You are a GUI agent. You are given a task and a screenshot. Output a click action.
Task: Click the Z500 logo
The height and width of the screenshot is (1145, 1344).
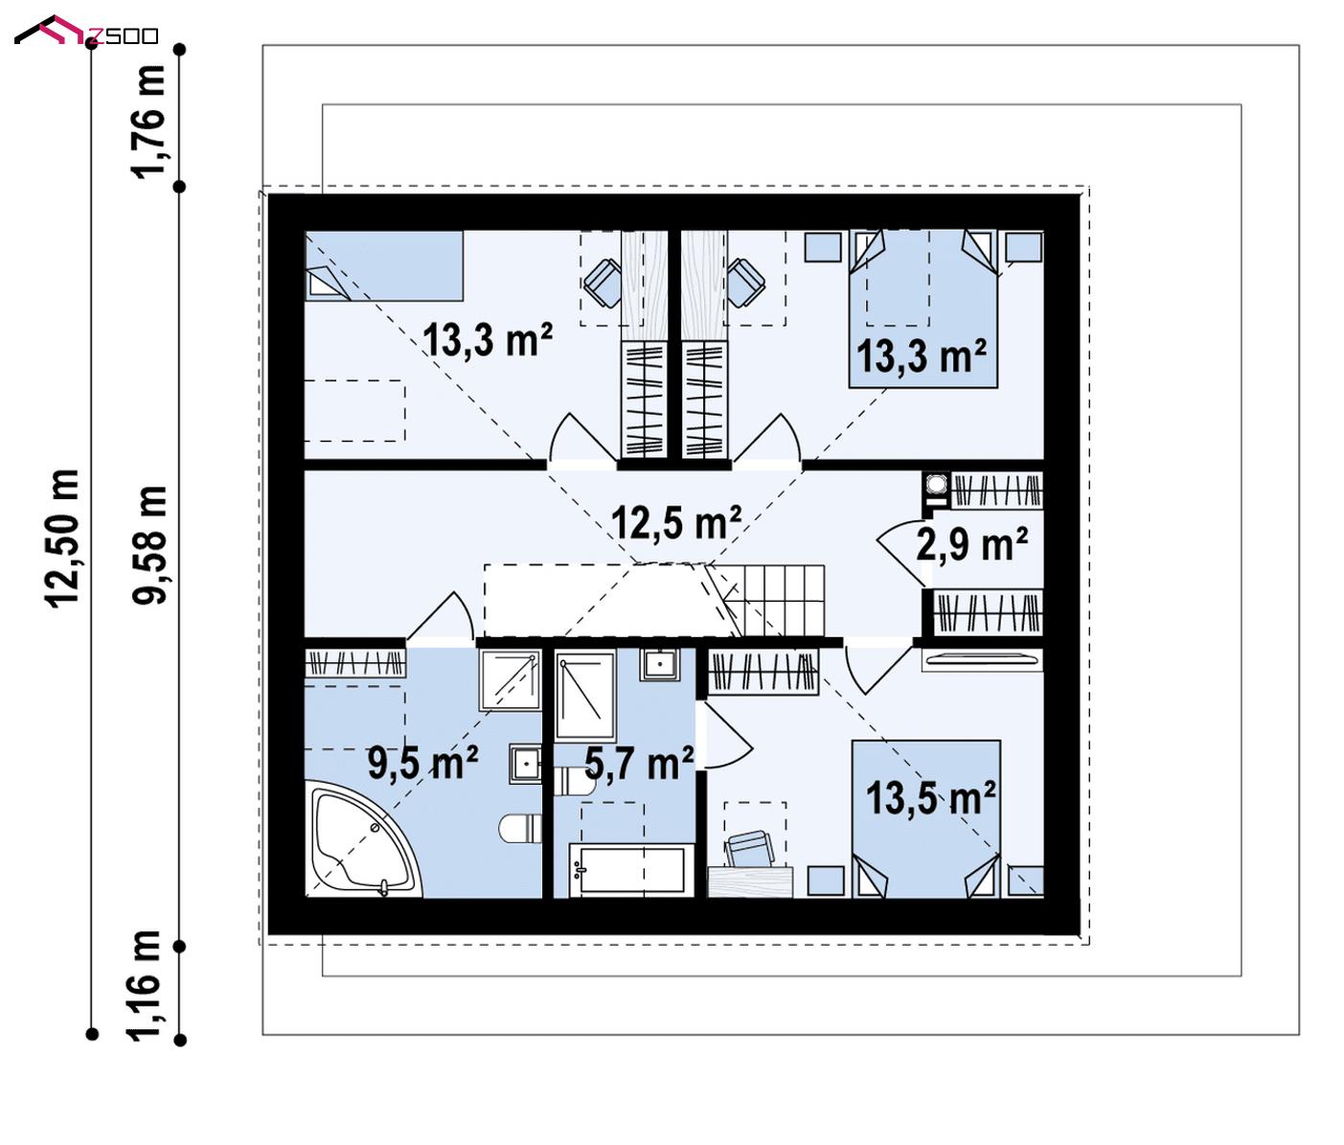pyautogui.click(x=86, y=31)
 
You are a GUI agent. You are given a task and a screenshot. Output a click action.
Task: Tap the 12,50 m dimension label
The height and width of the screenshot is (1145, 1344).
pyautogui.click(x=62, y=539)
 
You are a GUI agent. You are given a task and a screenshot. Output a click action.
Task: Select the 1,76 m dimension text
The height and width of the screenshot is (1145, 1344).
pyautogui.click(x=148, y=122)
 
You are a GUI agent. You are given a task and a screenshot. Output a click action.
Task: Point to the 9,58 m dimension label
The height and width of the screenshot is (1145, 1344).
pyautogui.click(x=149, y=545)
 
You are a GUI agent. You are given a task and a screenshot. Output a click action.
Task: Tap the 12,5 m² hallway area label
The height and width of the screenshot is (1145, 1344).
pyautogui.click(x=676, y=523)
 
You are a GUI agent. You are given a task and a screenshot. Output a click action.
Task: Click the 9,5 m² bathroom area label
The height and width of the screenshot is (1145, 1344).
pyautogui.click(x=423, y=763)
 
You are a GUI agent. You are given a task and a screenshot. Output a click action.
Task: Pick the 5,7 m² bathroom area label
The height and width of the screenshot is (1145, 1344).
pyautogui.click(x=639, y=763)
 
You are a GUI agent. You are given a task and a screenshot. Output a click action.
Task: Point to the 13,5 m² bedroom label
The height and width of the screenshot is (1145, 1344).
pyautogui.click(x=931, y=798)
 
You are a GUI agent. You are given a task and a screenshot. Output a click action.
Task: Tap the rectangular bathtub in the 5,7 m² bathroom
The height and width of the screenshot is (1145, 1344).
pyautogui.click(x=632, y=871)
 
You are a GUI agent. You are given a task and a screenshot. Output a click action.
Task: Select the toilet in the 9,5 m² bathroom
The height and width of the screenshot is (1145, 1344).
pyautogui.click(x=520, y=829)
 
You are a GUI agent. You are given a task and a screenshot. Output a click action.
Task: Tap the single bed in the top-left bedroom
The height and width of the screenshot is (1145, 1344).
pyautogui.click(x=384, y=266)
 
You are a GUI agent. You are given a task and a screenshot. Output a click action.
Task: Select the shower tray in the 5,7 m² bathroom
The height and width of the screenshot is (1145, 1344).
pyautogui.click(x=585, y=696)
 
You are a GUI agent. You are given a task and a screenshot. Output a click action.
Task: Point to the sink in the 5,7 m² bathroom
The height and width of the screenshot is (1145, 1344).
pyautogui.click(x=660, y=665)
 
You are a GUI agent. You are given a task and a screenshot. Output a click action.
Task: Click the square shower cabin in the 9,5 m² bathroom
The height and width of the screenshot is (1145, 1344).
pyautogui.click(x=511, y=680)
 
